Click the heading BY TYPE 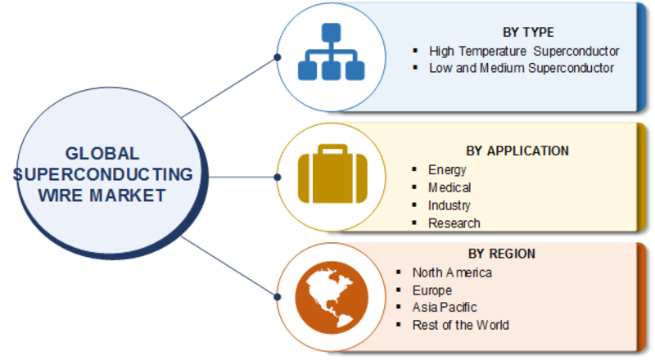pos(528,32)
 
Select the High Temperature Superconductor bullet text pos(524,52)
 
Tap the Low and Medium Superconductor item pos(522,68)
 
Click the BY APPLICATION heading pos(517,151)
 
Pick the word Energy pos(447,170)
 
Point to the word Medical pos(449,188)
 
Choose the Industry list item pos(449,205)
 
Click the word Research pos(454,223)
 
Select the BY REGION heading pos(501,254)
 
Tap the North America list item pos(452,272)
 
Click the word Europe pos(432,290)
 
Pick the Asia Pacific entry pos(445,308)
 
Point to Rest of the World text pos(460,325)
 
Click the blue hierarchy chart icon pos(332,52)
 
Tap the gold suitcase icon pos(332,173)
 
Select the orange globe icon pos(332,298)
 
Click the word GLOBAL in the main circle pos(102,154)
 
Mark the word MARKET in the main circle pos(128,196)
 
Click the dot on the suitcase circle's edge pos(278,177)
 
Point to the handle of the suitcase pos(332,149)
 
